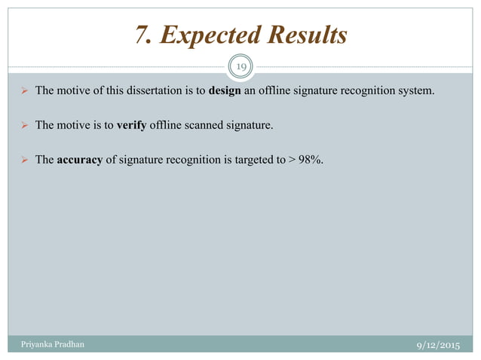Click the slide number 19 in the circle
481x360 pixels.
coord(240,68)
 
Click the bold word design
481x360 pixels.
coord(224,93)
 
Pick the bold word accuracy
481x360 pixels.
coord(83,156)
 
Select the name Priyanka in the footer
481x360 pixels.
coord(32,343)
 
